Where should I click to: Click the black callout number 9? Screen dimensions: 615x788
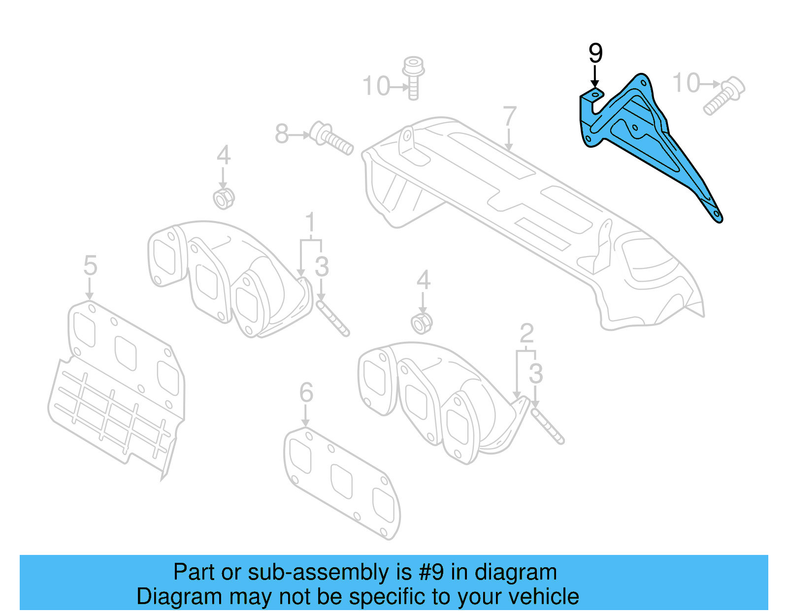point(595,53)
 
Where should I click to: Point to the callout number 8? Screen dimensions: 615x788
point(281,134)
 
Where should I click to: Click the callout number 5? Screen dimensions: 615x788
point(90,266)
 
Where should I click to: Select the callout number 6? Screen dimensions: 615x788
point(306,393)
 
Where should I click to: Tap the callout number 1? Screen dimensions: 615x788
point(310,223)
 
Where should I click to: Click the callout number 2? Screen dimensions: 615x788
point(526,334)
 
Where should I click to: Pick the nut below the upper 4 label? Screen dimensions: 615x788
point(224,198)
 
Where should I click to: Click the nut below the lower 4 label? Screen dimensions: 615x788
point(422,323)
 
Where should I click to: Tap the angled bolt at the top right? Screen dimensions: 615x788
point(724,96)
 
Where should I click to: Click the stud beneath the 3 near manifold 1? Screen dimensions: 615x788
point(333,319)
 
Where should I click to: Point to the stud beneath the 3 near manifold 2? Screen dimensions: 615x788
point(548,426)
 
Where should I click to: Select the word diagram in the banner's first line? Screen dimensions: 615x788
point(516,573)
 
